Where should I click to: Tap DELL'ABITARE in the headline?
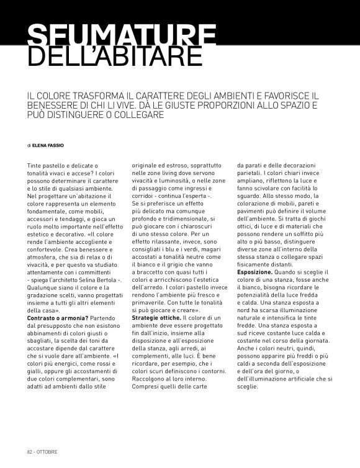pyautogui.click(x=115, y=56)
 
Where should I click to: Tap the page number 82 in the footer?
pyautogui.click(x=30, y=451)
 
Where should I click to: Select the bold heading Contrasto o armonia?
pyautogui.click(x=55, y=318)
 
